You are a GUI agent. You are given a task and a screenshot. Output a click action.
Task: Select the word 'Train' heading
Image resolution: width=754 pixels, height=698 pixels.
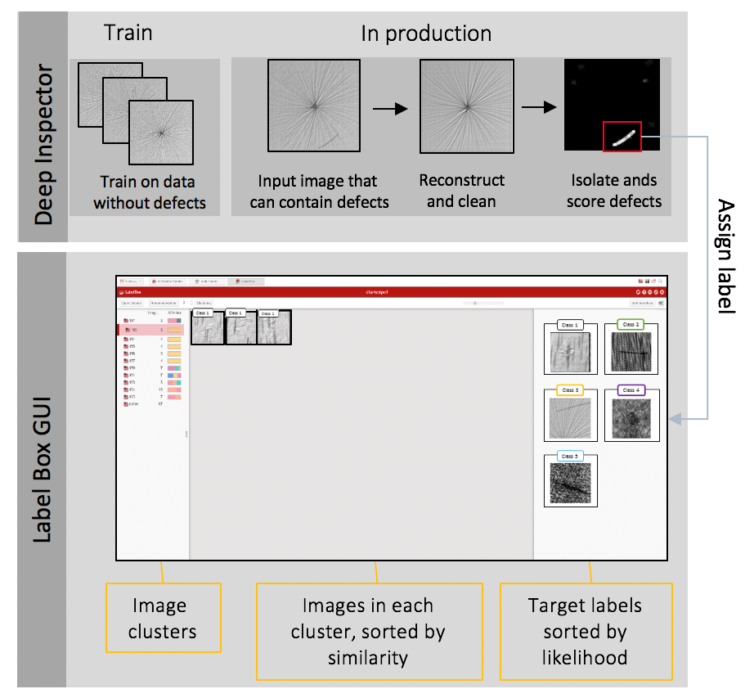click(x=128, y=34)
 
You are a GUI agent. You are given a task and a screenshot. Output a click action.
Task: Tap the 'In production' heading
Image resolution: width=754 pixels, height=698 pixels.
click(x=426, y=34)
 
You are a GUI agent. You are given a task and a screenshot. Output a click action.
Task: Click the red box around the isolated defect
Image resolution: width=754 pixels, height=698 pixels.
click(x=622, y=136)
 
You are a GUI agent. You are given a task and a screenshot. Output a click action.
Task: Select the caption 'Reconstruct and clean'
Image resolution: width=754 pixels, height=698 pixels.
click(x=461, y=190)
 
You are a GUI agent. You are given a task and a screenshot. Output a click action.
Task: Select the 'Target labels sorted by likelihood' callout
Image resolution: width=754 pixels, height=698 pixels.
click(x=586, y=631)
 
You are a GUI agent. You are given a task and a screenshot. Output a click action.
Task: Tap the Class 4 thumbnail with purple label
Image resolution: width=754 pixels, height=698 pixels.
click(x=631, y=415)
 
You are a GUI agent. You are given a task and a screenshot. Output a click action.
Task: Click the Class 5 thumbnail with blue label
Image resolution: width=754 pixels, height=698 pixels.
click(x=570, y=480)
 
